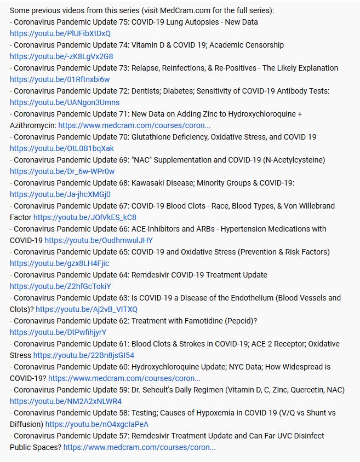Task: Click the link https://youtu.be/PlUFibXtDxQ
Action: coord(60,33)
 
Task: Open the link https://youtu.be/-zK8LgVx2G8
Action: coord(61,56)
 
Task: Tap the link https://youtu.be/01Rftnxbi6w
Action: coord(60,79)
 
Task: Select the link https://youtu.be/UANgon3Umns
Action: coord(64,102)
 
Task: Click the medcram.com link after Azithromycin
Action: coord(134,125)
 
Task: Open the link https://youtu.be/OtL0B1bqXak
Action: coord(62,148)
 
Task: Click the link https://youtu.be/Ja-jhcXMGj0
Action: coord(60,194)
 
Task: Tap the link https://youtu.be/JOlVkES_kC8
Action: coord(85,217)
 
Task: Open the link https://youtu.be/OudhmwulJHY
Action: coord(99,240)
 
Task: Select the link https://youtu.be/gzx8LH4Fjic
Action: coord(59,263)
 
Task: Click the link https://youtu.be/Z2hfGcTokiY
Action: coord(60,286)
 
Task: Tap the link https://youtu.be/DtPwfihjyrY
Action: coord(58,332)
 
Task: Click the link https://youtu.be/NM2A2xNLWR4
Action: coord(65,401)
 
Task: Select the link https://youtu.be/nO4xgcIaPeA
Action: coord(97,424)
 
